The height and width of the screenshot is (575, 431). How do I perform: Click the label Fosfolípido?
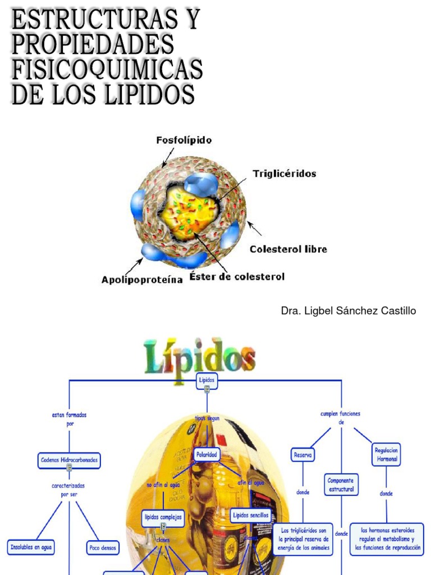184,140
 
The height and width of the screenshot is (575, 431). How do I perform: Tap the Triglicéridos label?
285,174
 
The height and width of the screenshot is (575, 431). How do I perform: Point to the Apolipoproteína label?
142,279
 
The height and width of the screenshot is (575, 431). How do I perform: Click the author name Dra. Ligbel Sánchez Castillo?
349,311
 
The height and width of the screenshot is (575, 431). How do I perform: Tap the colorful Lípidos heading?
199,356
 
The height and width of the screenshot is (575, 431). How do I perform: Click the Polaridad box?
206,454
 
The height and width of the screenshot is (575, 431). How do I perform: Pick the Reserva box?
303,455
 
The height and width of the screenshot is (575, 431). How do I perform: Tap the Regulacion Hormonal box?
386,454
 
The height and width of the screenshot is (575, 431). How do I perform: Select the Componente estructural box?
341,485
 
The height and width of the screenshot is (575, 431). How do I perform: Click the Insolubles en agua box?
31,546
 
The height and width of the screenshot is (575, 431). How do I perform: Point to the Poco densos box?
102,546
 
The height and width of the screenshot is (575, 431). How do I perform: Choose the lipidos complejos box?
163,517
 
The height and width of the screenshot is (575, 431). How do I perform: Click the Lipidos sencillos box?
250,515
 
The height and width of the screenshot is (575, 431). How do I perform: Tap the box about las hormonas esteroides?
387,540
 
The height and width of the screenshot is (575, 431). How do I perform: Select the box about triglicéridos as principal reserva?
303,540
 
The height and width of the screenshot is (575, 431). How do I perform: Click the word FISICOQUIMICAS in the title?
107,70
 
